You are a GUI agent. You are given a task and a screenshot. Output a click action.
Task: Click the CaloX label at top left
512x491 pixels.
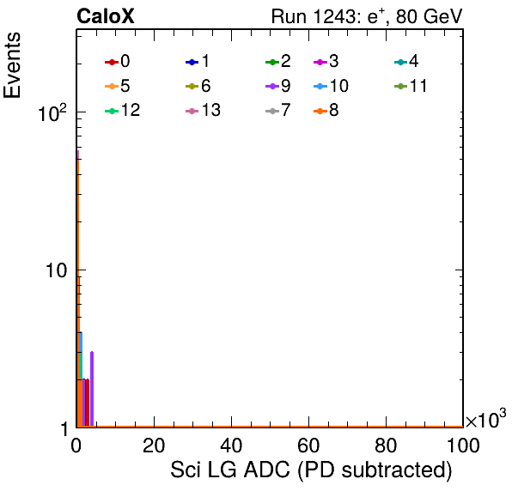pos(106,16)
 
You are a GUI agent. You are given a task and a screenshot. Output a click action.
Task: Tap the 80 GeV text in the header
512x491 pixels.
pos(429,16)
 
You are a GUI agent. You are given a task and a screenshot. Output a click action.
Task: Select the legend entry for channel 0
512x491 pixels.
pos(117,61)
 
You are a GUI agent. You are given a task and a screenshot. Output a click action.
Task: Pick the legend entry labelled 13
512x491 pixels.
pos(203,110)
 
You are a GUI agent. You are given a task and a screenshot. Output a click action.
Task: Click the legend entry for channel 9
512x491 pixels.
pos(278,86)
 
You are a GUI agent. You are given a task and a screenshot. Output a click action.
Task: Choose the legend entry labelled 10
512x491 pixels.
pos(331,86)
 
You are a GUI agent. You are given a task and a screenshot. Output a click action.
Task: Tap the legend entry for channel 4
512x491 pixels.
pos(406,61)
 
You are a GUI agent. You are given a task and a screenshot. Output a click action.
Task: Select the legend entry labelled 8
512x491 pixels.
pos(326,110)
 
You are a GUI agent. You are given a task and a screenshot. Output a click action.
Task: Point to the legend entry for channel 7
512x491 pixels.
pos(278,110)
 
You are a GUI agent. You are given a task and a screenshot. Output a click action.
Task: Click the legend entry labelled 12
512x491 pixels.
pos(123,110)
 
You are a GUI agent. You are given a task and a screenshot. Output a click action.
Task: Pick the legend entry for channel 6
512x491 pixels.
pos(198,86)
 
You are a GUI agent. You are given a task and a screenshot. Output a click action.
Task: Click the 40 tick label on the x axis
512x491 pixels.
pos(231,446)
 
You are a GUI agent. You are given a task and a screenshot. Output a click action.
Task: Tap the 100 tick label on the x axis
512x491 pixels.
pos(463,446)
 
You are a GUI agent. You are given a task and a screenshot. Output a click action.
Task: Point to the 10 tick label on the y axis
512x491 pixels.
pos(57,270)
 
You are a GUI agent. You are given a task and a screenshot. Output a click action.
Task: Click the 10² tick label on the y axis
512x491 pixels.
pos(52,112)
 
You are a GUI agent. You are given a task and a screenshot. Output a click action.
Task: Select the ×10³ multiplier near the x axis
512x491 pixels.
pos(485,419)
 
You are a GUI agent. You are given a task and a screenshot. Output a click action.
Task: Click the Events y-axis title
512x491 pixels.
pos(12,65)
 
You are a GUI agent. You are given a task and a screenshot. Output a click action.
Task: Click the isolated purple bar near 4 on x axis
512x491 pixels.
pos(92,389)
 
